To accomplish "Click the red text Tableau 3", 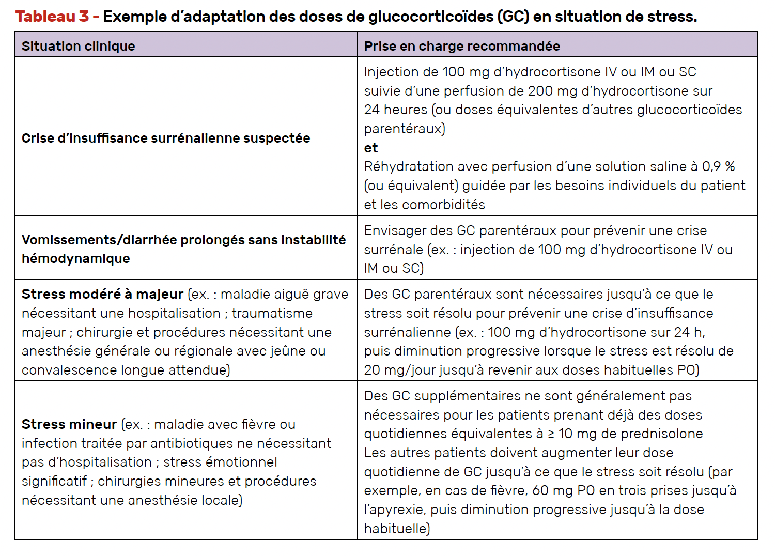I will tap(52, 17).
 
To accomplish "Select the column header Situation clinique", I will tap(78, 46).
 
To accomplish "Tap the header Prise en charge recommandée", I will tap(461, 46).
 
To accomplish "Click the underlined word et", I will tap(370, 148).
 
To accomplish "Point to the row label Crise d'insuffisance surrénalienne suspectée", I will tap(166, 138).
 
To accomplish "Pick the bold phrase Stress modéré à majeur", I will tap(102, 294).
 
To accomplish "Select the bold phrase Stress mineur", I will tap(69, 424).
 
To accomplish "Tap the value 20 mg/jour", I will tap(399, 370).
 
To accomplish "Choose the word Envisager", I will tap(396, 230).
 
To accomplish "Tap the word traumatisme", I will tap(272, 313).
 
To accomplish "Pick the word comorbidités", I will tap(443, 205).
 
